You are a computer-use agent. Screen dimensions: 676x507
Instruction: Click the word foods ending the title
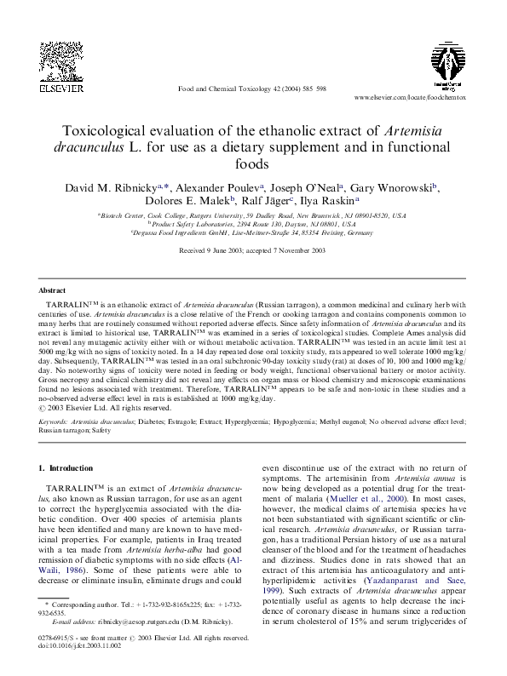tap(253, 163)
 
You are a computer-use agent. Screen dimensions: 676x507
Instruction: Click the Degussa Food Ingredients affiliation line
tap(253, 232)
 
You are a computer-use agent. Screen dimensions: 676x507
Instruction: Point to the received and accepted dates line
tap(253, 252)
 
